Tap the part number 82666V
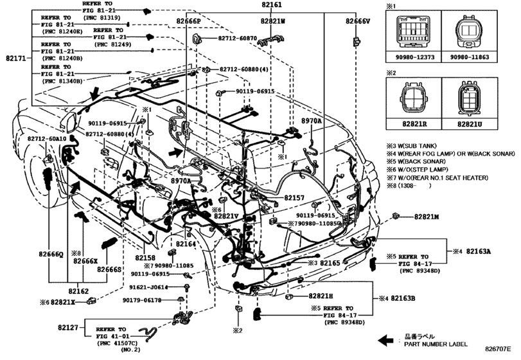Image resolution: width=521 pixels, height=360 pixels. (358, 21)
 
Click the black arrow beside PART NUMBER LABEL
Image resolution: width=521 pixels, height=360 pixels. (386, 339)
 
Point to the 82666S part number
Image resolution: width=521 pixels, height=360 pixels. (110, 270)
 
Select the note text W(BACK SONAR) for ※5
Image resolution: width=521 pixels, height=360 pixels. (422, 163)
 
